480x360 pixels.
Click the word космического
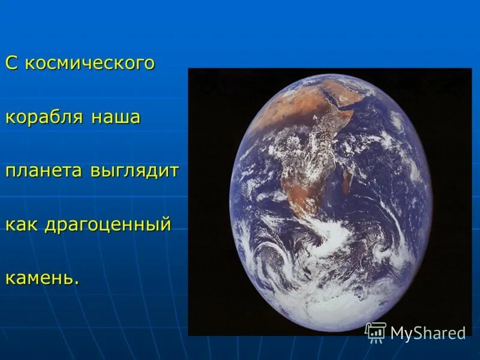coord(90,64)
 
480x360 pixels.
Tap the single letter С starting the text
coord(11,63)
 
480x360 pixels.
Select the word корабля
coord(45,118)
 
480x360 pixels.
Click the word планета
coord(45,170)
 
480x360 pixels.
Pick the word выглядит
coord(135,171)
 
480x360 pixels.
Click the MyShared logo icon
coord(376,332)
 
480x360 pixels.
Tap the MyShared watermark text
coord(428,334)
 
